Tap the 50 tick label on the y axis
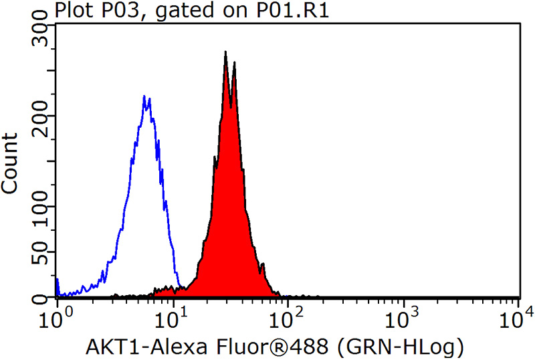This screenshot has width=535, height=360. click(x=43, y=253)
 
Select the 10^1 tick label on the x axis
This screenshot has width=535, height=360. click(x=172, y=314)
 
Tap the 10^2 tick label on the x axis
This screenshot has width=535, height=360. click(x=288, y=314)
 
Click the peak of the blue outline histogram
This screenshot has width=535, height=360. click(x=144, y=97)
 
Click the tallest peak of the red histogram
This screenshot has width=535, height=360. click(x=226, y=52)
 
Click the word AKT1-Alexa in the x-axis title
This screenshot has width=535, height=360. click(x=138, y=347)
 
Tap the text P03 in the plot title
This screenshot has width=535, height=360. click(x=103, y=11)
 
